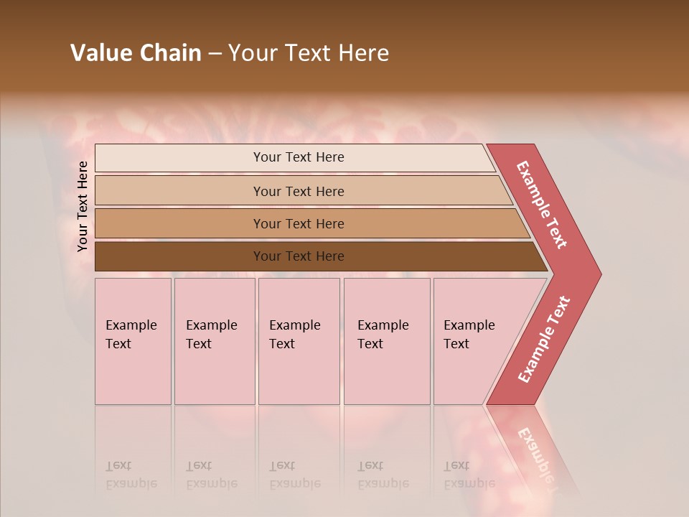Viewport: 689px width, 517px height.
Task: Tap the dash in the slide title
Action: point(215,54)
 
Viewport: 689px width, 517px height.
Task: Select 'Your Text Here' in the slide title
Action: point(309,53)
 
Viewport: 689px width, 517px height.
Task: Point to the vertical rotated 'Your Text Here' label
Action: point(83,206)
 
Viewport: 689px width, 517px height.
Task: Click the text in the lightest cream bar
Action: point(299,157)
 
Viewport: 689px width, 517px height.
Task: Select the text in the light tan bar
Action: point(299,191)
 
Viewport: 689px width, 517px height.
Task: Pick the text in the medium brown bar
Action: point(299,224)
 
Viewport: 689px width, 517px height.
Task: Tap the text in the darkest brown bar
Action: point(299,256)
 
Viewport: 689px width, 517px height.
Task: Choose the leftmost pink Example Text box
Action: point(133,341)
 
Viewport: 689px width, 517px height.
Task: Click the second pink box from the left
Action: point(214,341)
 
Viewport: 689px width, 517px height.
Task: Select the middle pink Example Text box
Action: point(299,341)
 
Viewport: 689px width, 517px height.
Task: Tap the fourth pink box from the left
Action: point(387,341)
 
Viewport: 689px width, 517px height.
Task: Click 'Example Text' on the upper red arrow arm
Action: point(542,205)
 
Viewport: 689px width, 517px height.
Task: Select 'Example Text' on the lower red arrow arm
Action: point(544,340)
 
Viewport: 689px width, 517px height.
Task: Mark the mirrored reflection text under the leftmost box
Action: point(131,475)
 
